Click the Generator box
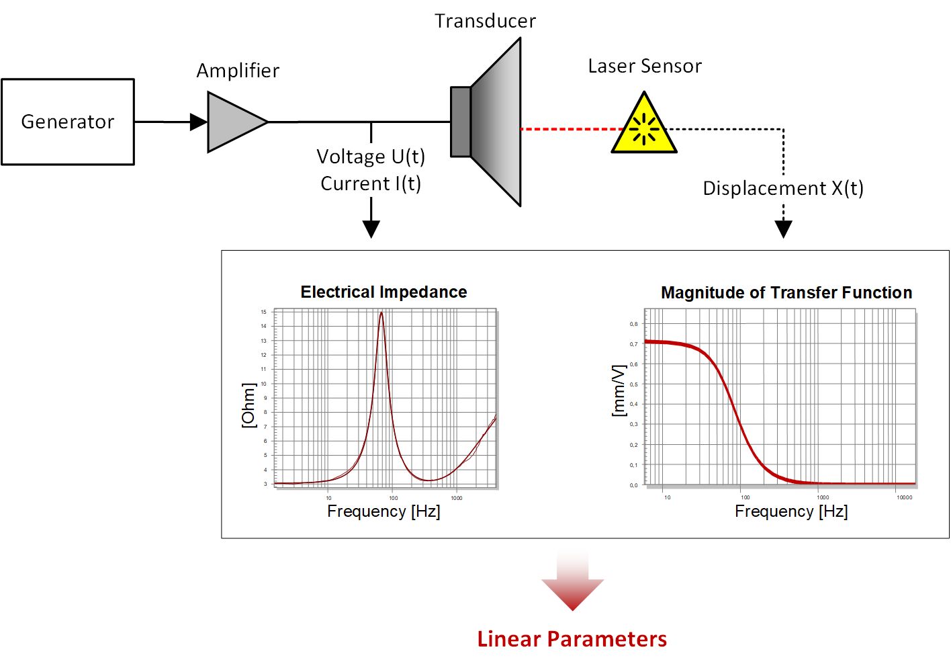[68, 122]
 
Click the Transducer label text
[485, 22]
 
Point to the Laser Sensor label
[645, 66]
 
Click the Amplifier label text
[238, 71]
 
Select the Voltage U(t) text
[371, 157]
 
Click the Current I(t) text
[371, 183]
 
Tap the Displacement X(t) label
[783, 188]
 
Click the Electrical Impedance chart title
[383, 292]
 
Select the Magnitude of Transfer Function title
[786, 292]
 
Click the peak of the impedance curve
[381, 313]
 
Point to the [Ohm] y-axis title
[248, 405]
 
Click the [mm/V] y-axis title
[619, 390]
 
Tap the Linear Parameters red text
[572, 638]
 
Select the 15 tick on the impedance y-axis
[264, 312]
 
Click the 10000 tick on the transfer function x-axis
[904, 497]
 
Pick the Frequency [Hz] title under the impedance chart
[383, 511]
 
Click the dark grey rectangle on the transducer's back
[460, 122]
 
